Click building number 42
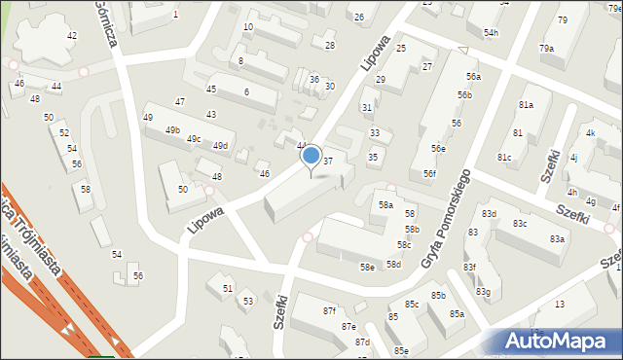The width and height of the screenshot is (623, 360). pos(72,36)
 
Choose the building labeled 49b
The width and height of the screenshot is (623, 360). pos(172,129)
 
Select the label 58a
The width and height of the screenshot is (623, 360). pos(386,205)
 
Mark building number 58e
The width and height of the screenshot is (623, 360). pos(367,267)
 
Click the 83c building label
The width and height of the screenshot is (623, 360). pos(520,224)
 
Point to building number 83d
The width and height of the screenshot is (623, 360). pos(488,213)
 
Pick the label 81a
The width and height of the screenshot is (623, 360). pos(527,104)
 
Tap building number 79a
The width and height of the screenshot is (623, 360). pos(547,48)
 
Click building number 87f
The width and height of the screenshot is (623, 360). pos(329,310)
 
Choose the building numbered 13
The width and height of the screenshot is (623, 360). pos(560,305)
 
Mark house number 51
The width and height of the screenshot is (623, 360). pos(228,289)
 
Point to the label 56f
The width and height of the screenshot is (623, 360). pos(429,173)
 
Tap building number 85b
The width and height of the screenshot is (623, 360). pos(438,296)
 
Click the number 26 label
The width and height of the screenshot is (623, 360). pos(359,18)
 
